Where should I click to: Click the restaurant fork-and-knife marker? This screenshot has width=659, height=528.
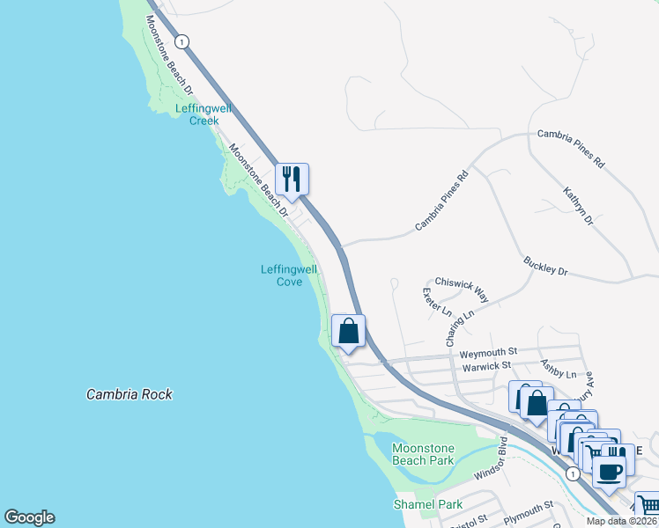point(292,180)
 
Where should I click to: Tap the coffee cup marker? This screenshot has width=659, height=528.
point(608,471)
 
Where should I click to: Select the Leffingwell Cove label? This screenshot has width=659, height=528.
point(288,275)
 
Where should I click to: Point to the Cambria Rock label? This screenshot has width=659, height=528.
point(129,395)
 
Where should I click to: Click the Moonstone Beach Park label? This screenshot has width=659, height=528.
point(423,454)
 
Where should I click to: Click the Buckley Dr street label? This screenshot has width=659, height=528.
point(545,266)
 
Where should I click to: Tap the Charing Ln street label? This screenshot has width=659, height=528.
point(460,326)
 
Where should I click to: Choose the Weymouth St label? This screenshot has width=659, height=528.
point(487,353)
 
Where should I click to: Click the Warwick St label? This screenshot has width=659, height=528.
point(487,365)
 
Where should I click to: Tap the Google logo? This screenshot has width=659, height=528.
point(29,517)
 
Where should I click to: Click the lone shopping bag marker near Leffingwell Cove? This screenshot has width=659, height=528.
point(349,332)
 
